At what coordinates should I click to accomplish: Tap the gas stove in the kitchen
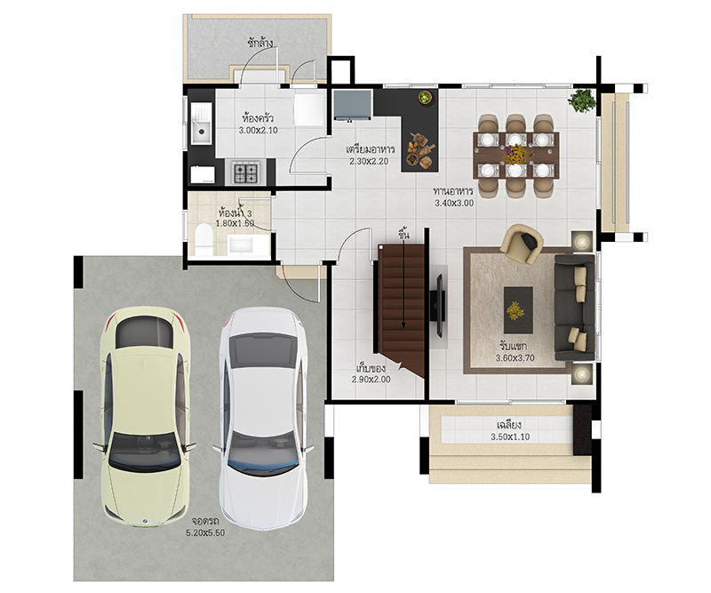[x=246, y=172]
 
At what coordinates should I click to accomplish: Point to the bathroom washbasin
[x=243, y=245]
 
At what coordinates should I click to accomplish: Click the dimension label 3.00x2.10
[x=258, y=131]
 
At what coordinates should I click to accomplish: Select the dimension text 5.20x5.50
[x=205, y=533]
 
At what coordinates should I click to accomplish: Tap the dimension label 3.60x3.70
[x=515, y=358]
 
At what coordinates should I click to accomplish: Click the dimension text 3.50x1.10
[x=510, y=437]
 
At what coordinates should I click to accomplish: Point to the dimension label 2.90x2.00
[x=371, y=380]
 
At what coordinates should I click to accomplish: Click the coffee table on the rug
[x=518, y=309]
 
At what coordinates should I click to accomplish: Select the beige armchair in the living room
[x=522, y=244]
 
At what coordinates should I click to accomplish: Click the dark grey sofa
[x=574, y=308]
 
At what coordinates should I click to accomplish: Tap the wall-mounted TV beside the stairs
[x=438, y=305]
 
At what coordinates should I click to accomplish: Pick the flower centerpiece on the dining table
[x=516, y=155]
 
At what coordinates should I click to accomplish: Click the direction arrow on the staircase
[x=403, y=282]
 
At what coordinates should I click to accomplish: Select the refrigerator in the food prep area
[x=353, y=105]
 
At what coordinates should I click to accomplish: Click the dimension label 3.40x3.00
[x=454, y=204]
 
